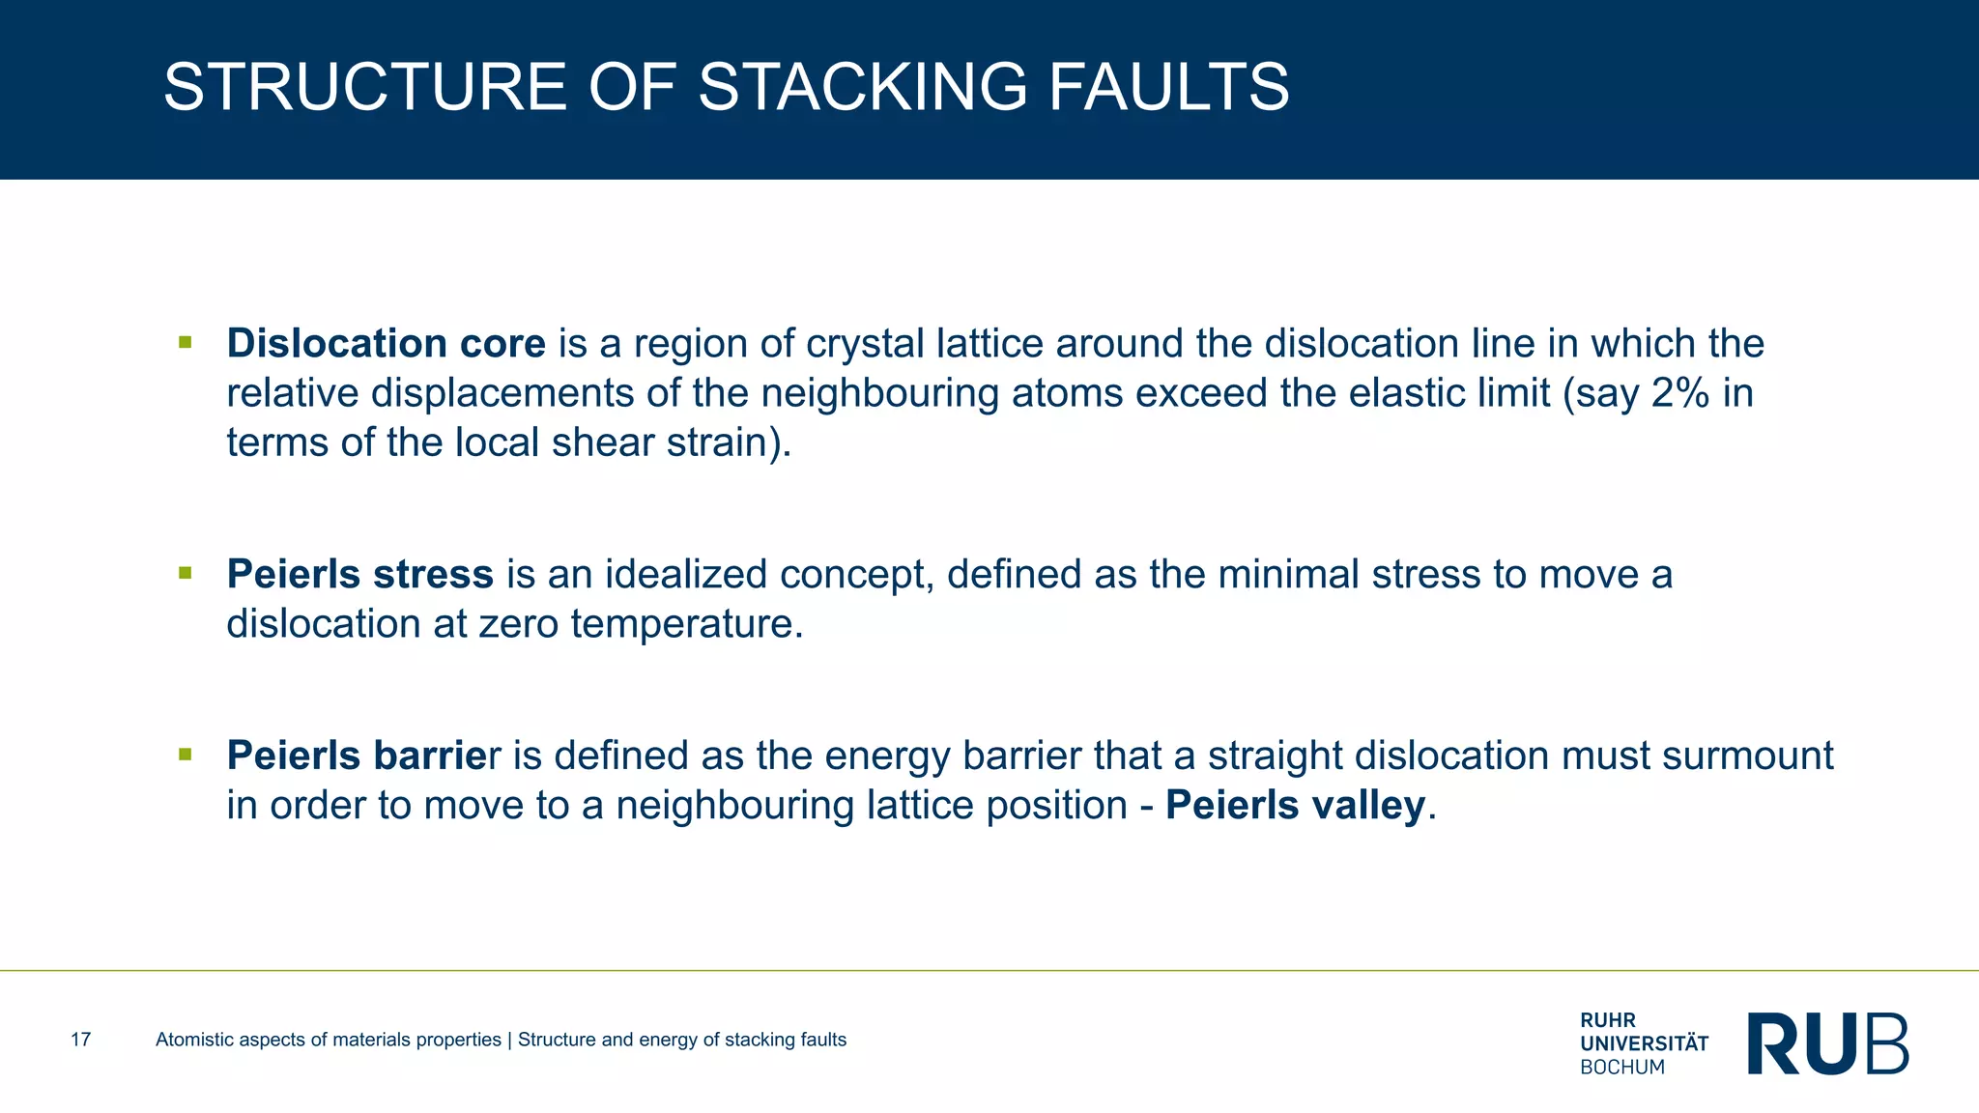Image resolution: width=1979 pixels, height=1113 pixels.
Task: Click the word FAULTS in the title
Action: coord(1168,87)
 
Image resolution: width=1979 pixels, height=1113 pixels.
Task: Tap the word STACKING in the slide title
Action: coord(863,87)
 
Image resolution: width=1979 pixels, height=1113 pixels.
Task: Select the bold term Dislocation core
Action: coord(386,344)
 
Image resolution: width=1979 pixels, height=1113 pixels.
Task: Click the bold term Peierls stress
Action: coord(359,574)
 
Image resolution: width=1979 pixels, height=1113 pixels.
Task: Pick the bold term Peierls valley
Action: coord(1295,805)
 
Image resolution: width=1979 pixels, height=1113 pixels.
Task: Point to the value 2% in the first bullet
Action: coord(1680,393)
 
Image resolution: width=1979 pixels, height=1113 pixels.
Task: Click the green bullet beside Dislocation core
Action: coord(186,342)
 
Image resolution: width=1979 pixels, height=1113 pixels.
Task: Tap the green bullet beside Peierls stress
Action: coord(186,573)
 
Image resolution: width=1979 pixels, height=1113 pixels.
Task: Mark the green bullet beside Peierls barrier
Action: coord(186,754)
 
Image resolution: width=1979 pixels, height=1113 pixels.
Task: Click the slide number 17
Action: coord(81,1040)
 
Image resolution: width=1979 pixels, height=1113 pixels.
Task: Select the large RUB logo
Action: coord(1827,1043)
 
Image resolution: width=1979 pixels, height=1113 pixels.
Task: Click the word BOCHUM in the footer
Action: coord(1622,1068)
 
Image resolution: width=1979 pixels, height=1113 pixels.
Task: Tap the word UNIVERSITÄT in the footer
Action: coord(1644,1043)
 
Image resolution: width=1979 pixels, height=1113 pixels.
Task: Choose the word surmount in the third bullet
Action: coord(1747,756)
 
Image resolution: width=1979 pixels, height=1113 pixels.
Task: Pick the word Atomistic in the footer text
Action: coord(193,1040)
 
